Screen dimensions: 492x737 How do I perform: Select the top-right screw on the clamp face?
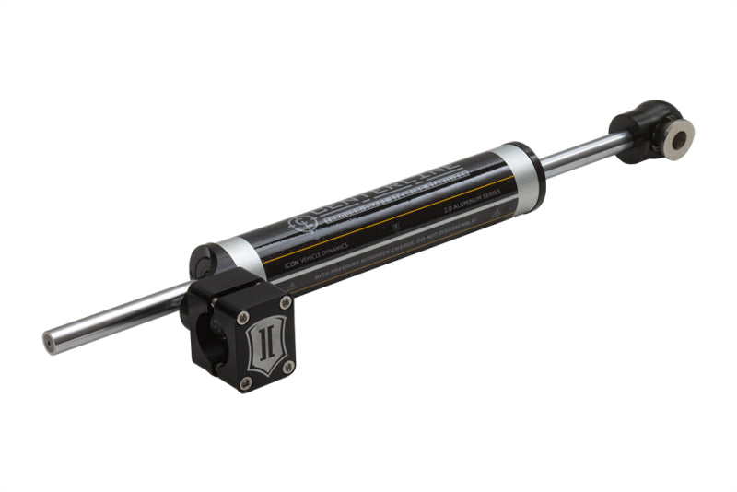tap(285, 301)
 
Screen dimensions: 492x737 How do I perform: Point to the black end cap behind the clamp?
tap(204, 262)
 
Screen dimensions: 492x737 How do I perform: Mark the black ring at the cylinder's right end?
tap(537, 170)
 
